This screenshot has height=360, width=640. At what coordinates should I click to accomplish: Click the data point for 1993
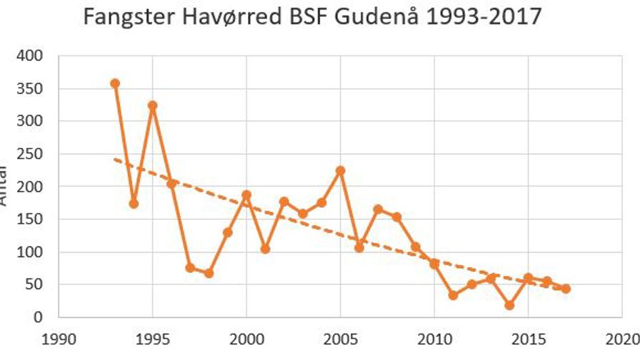(115, 84)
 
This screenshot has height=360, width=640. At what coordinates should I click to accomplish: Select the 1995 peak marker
(152, 106)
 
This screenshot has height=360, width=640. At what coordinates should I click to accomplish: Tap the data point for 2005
(340, 171)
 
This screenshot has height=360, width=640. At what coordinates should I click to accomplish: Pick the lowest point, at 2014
(509, 305)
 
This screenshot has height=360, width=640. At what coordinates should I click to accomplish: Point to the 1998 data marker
(209, 274)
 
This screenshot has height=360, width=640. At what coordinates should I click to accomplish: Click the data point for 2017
(566, 289)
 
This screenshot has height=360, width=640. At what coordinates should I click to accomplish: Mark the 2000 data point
(246, 195)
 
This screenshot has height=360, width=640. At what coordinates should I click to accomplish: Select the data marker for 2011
(453, 295)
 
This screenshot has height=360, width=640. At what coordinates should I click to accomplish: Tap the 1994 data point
(134, 204)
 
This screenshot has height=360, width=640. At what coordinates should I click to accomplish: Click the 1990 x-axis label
(59, 336)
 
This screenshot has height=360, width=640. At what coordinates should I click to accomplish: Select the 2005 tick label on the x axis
(340, 336)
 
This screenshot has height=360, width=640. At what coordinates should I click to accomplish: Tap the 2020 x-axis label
(622, 336)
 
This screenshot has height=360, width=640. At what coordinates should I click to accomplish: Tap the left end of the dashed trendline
(115, 159)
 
